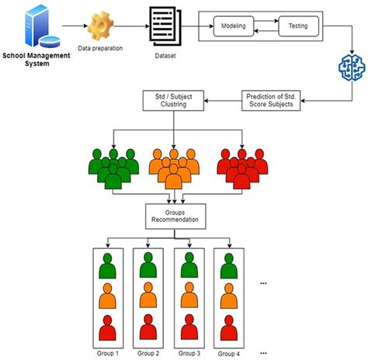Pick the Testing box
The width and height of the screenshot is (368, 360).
[297, 26]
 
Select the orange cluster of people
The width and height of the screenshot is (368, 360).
[173, 165]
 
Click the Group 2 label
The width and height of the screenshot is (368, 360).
[150, 354]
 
